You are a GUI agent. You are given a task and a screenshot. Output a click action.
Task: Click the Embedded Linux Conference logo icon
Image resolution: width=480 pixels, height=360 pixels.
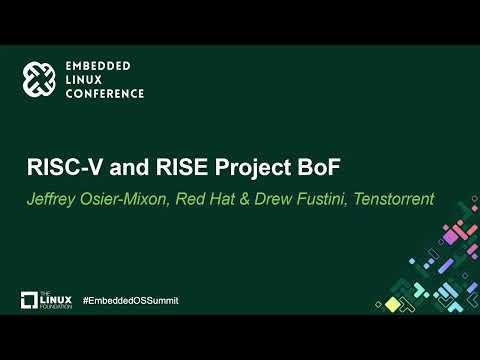(41, 79)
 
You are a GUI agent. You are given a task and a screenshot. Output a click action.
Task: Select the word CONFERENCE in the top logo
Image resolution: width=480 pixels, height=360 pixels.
(104, 93)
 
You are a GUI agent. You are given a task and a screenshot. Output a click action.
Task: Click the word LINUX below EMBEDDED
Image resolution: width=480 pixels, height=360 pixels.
(85, 79)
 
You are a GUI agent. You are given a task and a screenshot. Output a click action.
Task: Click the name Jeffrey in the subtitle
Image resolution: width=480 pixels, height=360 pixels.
(51, 199)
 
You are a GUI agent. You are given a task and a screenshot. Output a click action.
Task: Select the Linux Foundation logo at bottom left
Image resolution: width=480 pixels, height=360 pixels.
(44, 300)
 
